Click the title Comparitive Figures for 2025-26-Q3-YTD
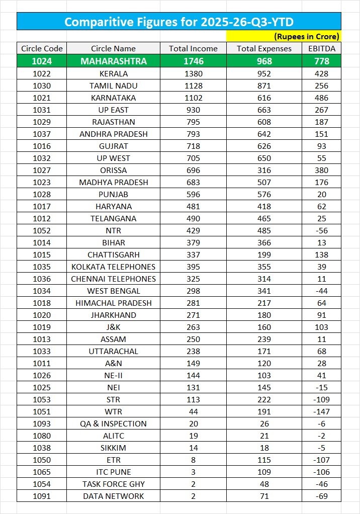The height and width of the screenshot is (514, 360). click(179, 22)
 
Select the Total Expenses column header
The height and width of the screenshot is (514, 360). click(264, 48)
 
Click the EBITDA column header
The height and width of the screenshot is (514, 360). click(322, 48)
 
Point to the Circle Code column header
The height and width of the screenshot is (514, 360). click(42, 48)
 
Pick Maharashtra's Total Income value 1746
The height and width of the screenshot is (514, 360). click(193, 61)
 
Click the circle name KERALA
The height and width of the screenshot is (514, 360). click(113, 73)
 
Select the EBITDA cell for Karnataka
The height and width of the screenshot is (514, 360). click(322, 98)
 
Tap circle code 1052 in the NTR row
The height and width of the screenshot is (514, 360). click(42, 230)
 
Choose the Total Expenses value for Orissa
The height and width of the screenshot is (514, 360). click(264, 170)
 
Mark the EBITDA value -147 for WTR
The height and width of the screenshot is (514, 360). click(322, 411)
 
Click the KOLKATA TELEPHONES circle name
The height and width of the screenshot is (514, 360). click(113, 267)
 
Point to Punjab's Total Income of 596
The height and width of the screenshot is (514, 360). click(193, 194)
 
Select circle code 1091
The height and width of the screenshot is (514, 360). click(42, 496)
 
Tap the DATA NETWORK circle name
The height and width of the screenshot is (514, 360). click(113, 496)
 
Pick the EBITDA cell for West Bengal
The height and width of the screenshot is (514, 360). click(322, 291)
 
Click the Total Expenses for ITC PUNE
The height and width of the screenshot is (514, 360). click(264, 472)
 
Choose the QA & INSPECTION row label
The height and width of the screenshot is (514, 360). click(113, 423)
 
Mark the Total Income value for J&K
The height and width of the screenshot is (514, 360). click(193, 327)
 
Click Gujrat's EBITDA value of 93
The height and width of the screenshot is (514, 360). click(322, 146)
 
